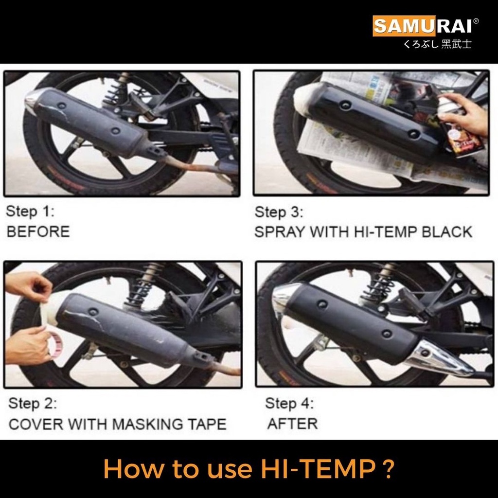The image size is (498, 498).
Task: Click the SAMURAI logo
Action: (x=425, y=25)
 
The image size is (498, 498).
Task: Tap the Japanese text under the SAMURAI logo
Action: (x=437, y=44)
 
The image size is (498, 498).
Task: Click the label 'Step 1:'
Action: (x=30, y=211)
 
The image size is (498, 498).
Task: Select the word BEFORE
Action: (x=38, y=231)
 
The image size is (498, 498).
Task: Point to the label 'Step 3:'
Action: (x=279, y=212)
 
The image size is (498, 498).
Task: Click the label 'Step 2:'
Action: (x=33, y=403)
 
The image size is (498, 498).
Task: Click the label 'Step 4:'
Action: (x=289, y=403)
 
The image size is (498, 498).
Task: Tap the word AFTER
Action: (x=292, y=424)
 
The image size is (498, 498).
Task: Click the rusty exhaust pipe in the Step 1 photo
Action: (x=197, y=165)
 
